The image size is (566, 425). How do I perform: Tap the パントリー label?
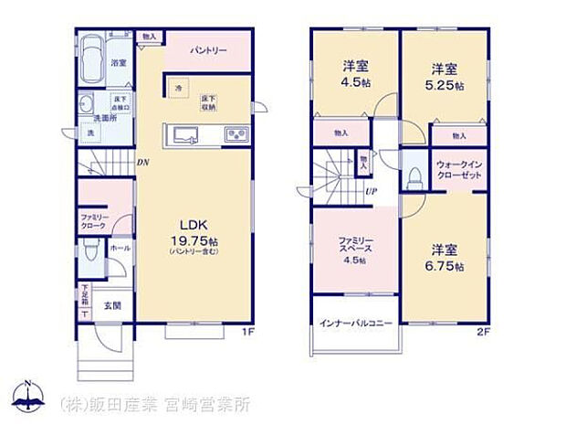pos(209,50)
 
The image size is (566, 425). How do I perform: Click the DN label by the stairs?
pos(142,163)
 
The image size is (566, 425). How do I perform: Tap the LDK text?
pos(194,224)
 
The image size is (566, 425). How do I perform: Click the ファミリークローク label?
pos(92,220)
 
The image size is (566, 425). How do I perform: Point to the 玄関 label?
pos(110,305)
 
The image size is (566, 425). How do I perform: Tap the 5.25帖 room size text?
pos(445,86)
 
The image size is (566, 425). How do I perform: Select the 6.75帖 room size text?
pos(445,266)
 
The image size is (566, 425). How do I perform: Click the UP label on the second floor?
pos(372,191)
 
